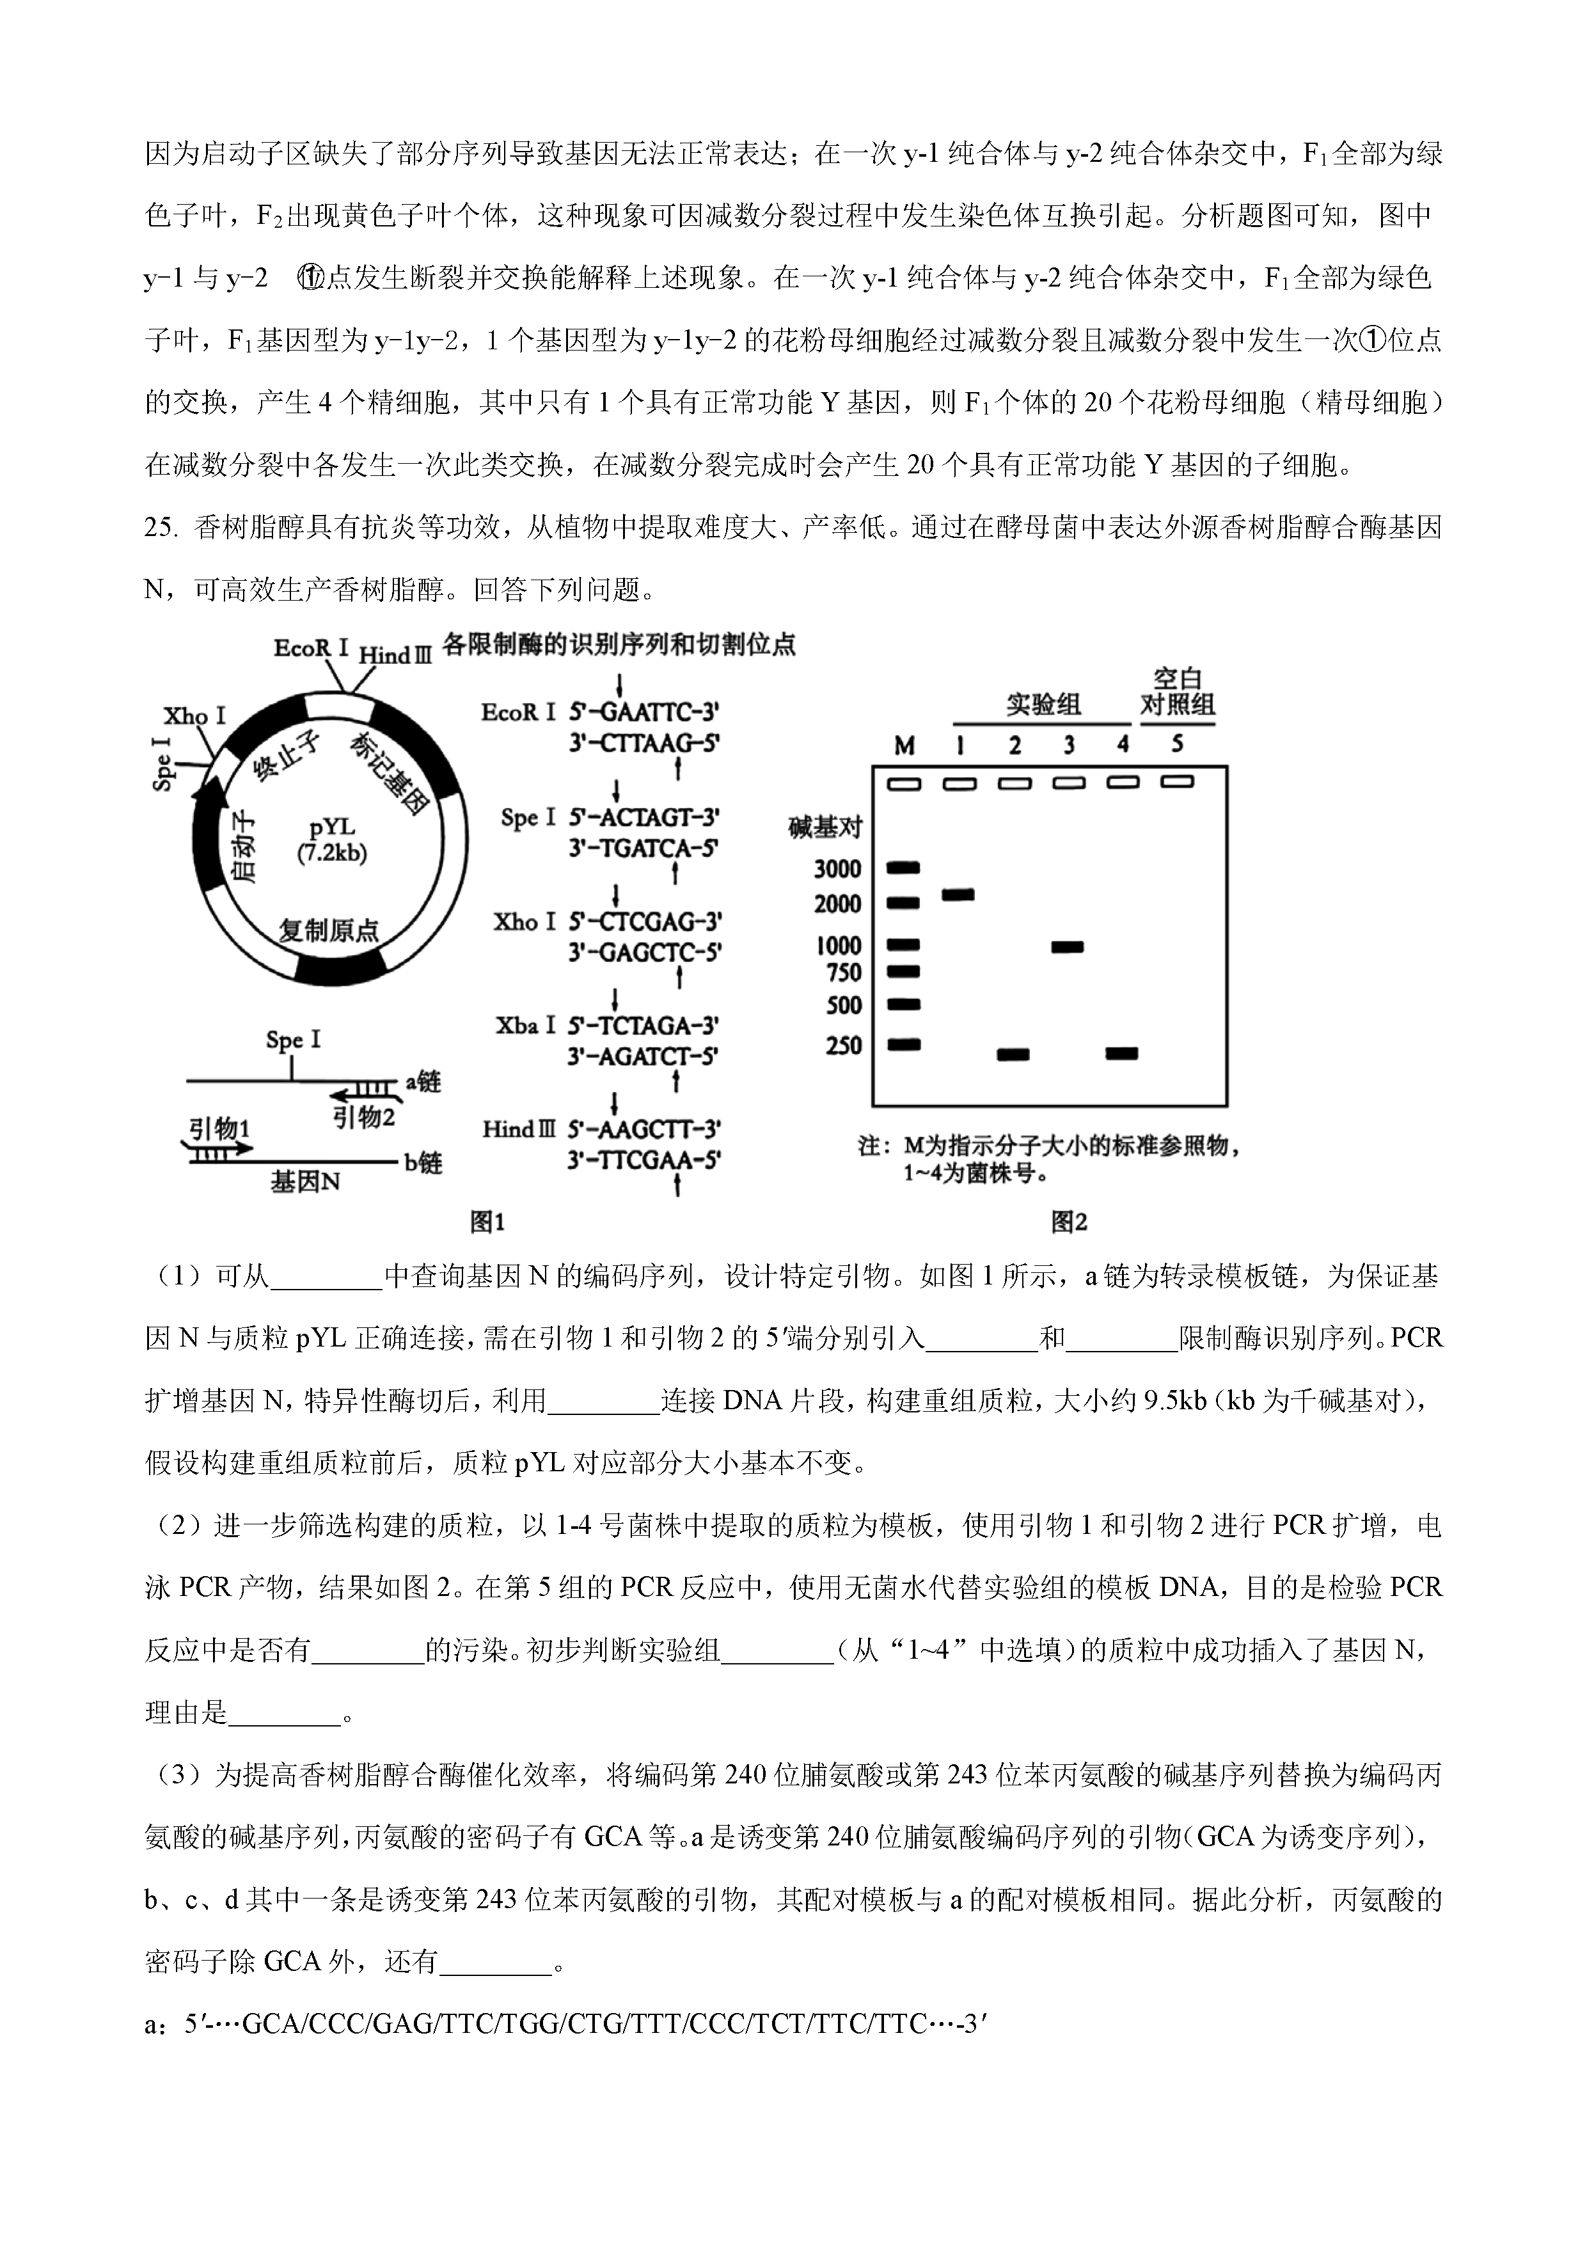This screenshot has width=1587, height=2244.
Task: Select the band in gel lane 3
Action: (1066, 946)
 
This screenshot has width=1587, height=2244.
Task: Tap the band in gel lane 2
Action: (1013, 1054)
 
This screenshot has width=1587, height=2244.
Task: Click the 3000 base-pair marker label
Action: (837, 869)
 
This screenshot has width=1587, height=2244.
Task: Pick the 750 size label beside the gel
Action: (843, 972)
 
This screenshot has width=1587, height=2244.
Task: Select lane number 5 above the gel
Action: (1176, 744)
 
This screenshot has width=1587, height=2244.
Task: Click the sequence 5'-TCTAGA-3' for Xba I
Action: (645, 1025)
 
